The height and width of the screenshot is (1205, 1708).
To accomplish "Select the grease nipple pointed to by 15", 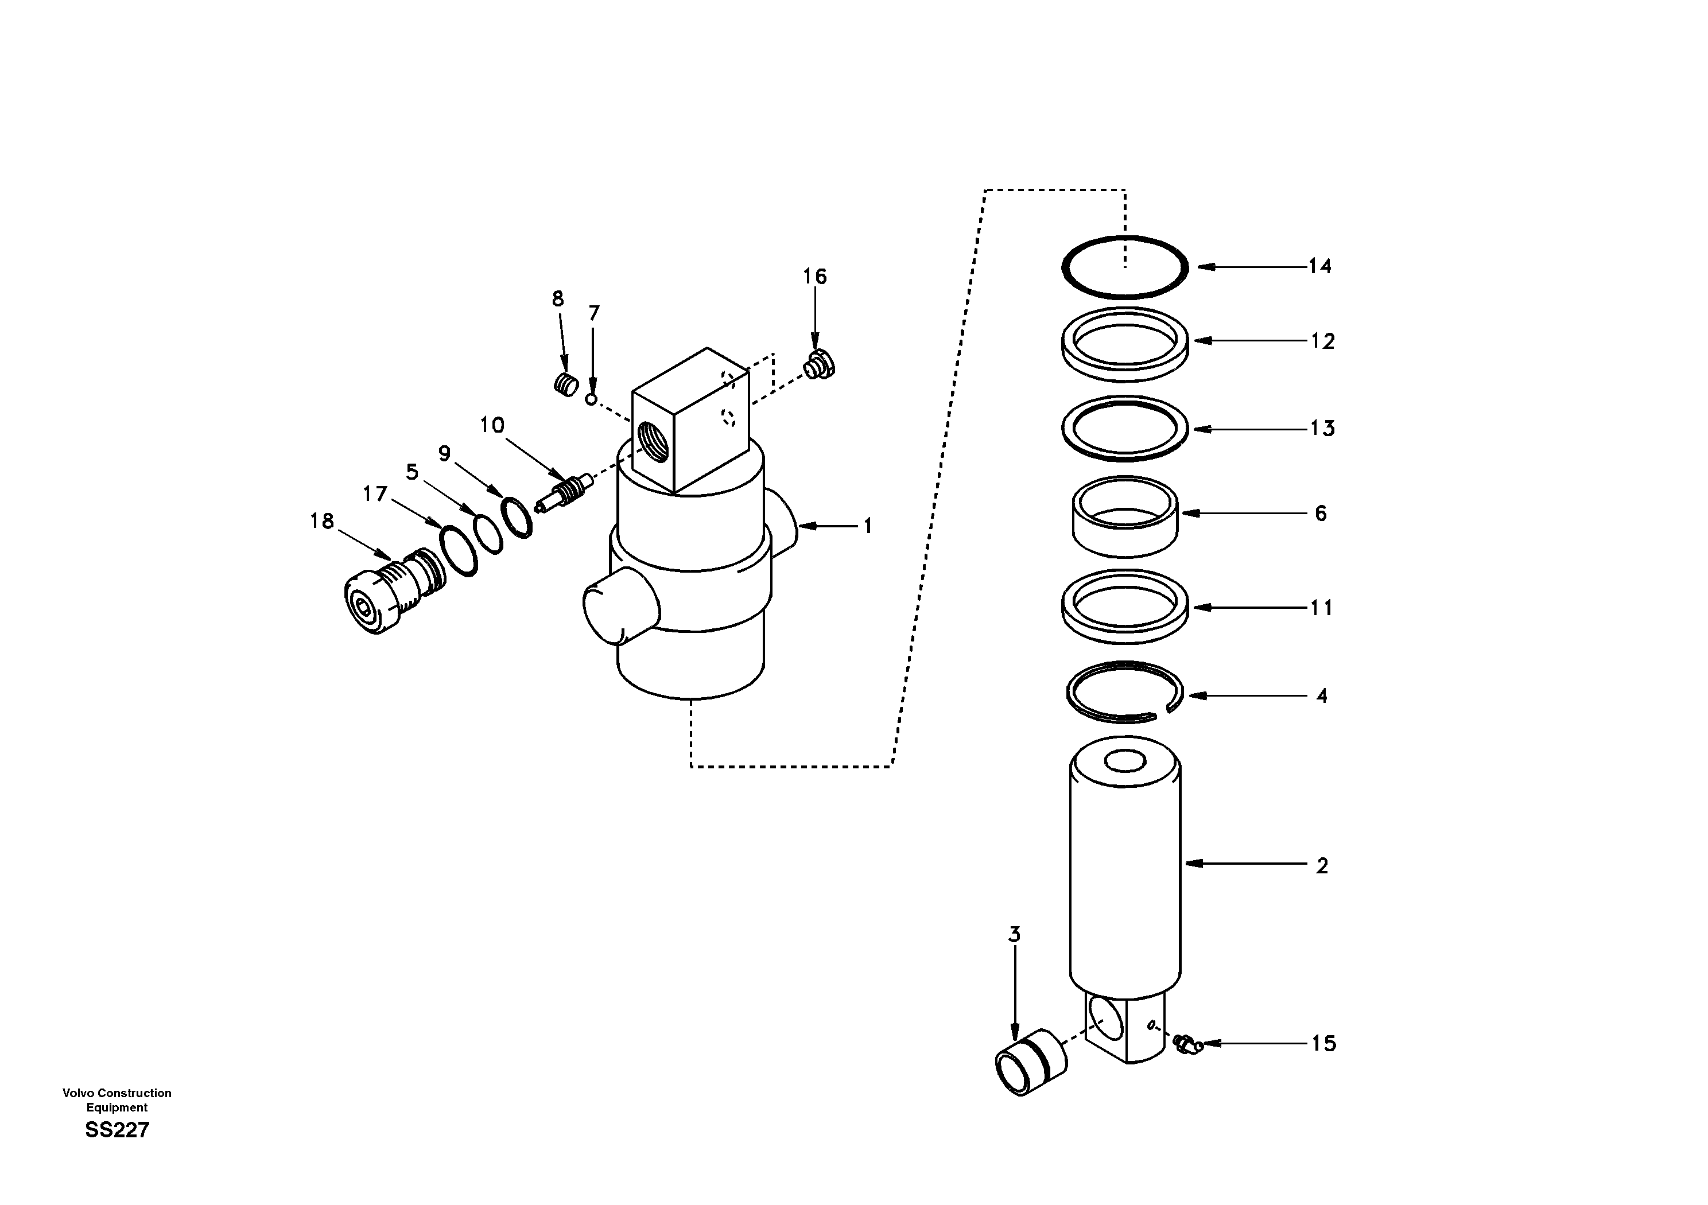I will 1187,1044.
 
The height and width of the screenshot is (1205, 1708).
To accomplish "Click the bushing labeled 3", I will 1030,1062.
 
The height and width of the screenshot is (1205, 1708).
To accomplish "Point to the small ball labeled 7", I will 591,399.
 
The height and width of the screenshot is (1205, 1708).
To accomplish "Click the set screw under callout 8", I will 568,385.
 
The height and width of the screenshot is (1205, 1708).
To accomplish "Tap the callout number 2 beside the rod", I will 1322,866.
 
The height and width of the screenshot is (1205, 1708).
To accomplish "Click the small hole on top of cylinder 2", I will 1125,761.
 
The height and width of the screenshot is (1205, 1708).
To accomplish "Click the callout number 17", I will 375,494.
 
